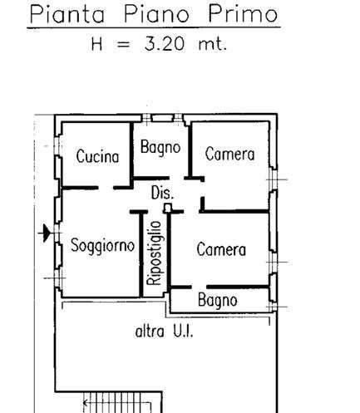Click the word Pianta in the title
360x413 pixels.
(x=67, y=14)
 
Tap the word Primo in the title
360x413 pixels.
(x=243, y=14)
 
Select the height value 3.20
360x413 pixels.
(x=165, y=44)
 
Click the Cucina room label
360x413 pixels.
(x=97, y=156)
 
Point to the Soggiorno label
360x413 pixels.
(x=102, y=246)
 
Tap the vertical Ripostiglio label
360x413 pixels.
(x=154, y=253)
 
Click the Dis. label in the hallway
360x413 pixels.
(x=162, y=193)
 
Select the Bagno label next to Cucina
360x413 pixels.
(x=160, y=147)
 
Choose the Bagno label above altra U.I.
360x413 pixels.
(x=218, y=301)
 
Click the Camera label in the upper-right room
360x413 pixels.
(x=229, y=154)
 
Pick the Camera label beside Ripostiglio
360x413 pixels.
(x=221, y=249)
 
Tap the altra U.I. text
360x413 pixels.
(x=164, y=332)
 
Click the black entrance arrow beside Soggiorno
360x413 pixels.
(x=45, y=233)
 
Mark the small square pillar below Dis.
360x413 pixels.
(x=167, y=208)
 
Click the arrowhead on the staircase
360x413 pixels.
(x=86, y=403)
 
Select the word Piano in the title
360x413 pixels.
(x=157, y=14)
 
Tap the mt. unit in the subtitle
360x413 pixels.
(x=213, y=44)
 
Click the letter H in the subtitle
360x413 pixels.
(x=97, y=44)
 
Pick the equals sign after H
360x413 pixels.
(x=123, y=45)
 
